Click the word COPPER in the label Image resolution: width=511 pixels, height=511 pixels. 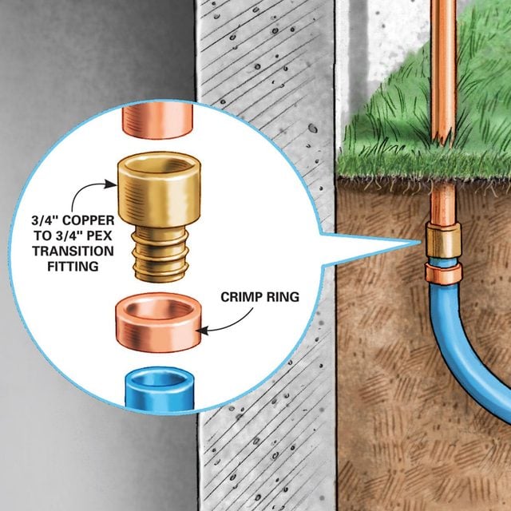(x=89, y=220)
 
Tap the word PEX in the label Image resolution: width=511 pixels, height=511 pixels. (x=99, y=236)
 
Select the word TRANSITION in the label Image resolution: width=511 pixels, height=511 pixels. (x=73, y=251)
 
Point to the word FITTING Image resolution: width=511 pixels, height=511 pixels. (x=73, y=266)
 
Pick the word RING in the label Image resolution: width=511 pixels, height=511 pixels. (x=283, y=297)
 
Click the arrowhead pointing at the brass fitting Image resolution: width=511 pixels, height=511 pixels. (x=111, y=184)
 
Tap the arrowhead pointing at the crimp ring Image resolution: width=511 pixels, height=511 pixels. (x=202, y=331)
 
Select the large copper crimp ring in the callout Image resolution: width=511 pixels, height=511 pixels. (x=158, y=322)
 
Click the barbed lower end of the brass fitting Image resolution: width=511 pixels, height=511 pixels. (x=160, y=255)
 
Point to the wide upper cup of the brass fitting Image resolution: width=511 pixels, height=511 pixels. (x=160, y=189)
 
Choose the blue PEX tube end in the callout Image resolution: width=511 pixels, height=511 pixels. (x=160, y=387)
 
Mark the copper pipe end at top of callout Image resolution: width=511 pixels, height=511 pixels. (x=158, y=120)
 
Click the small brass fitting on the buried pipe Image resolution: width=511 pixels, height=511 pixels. (x=443, y=240)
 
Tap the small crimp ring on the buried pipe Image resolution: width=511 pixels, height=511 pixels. (x=443, y=274)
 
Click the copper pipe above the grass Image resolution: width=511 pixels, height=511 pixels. (x=443, y=72)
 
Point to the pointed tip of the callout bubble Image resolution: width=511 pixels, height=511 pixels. (x=420, y=242)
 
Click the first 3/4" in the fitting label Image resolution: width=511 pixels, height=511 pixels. (x=46, y=220)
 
